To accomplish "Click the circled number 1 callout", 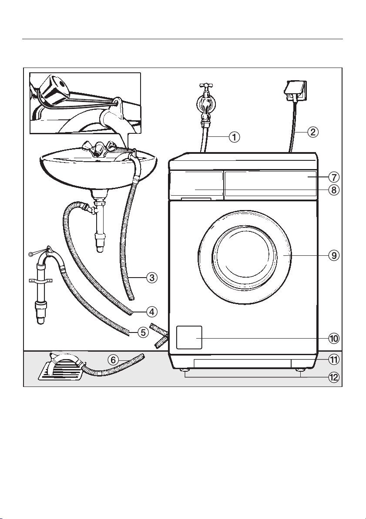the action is point(235,137).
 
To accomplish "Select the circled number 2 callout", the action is point(312,132).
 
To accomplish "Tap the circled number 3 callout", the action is point(152,278).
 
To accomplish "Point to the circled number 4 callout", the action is point(152,312).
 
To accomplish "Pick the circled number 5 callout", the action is point(143,332).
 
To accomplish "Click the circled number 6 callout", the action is point(113,360).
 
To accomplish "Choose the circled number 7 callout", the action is point(334,177).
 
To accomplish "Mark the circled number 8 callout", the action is point(334,190).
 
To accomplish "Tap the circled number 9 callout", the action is point(334,255).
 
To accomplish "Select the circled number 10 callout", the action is point(334,338).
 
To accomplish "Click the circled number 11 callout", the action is point(334,359).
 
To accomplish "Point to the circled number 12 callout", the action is point(334,377).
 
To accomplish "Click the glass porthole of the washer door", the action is point(245,255).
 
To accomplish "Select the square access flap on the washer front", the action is point(189,337).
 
